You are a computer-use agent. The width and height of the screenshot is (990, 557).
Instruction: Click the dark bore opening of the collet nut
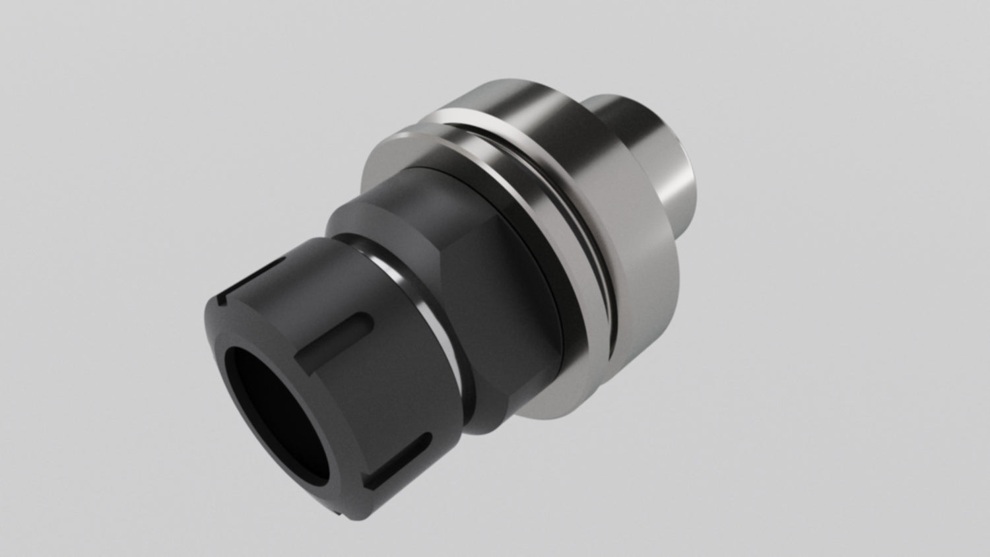pos(277,403)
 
